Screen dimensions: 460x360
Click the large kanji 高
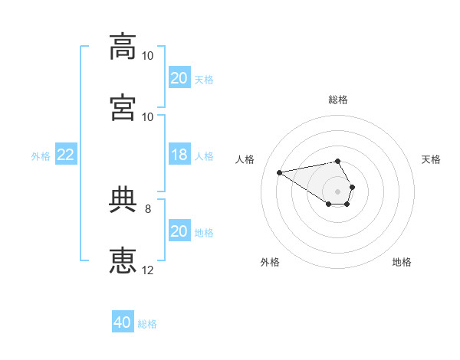(x=123, y=46)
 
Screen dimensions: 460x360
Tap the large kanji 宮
(x=123, y=107)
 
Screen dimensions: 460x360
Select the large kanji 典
(x=123, y=199)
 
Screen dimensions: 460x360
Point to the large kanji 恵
(x=123, y=260)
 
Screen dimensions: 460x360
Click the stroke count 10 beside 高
(x=147, y=56)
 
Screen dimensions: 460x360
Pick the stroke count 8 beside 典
(x=148, y=209)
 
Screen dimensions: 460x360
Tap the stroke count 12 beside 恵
(x=147, y=270)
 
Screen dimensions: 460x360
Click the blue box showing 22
(x=66, y=154)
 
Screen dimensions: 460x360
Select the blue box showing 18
(x=179, y=154)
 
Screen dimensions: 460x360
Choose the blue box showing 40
(x=123, y=321)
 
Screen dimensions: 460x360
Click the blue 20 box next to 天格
(x=179, y=77)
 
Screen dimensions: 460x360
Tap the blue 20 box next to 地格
(x=179, y=230)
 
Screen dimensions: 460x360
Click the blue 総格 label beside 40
(x=147, y=324)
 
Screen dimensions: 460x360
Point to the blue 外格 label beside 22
(x=41, y=156)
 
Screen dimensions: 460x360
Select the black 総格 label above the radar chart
(x=338, y=100)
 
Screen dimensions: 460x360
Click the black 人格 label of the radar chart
(x=245, y=159)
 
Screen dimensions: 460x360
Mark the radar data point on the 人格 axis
(x=279, y=172)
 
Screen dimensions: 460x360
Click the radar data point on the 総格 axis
(x=337, y=161)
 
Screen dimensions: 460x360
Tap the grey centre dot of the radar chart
(x=337, y=191)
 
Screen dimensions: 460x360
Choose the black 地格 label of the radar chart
(x=402, y=262)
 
